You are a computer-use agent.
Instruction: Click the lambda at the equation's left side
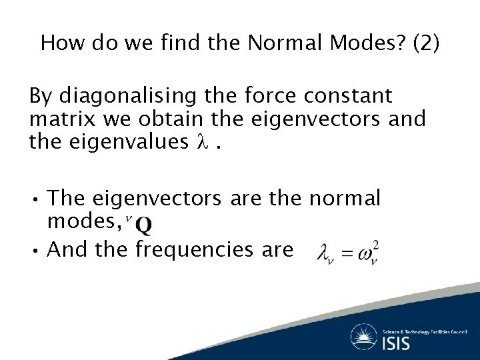point(325,253)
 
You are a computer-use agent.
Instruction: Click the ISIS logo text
point(397,343)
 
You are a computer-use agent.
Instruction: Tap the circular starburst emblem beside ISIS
point(364,337)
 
